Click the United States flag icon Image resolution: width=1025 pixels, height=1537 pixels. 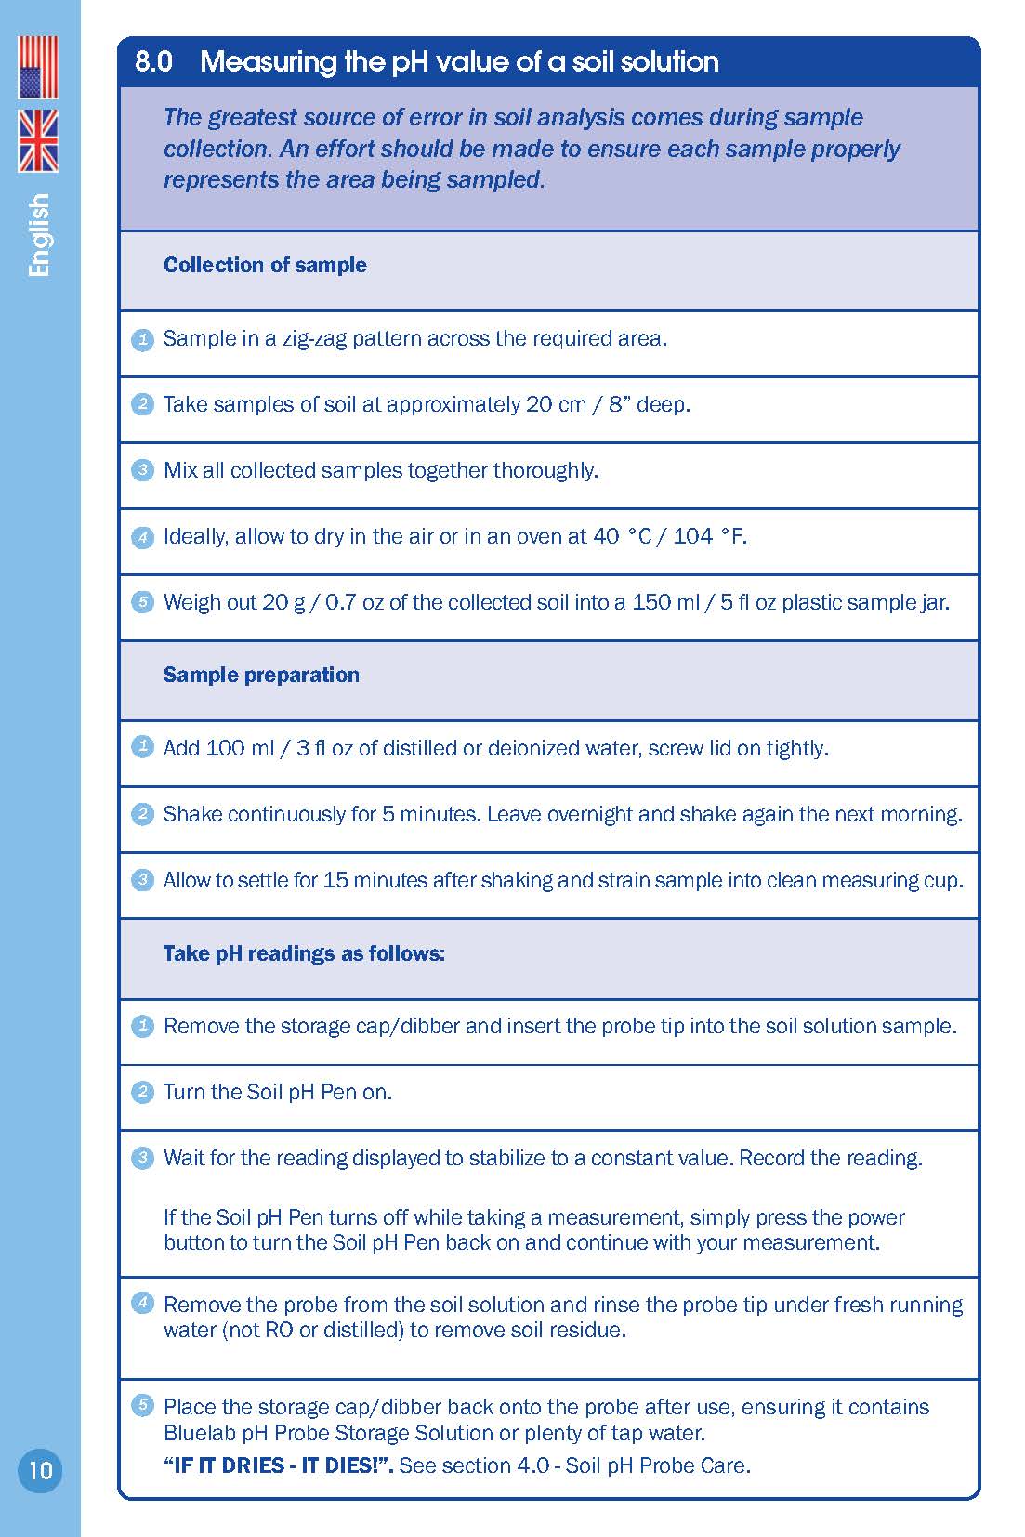coord(38,67)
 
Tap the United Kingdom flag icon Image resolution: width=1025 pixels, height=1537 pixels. coord(38,140)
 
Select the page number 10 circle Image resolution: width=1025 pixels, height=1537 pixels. coord(40,1470)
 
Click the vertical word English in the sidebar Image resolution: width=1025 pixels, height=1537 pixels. coord(39,235)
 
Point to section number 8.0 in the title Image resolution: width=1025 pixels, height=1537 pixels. coord(153,62)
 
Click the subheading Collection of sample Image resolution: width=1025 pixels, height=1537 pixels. coord(265,265)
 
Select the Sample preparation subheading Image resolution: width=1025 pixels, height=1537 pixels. coord(261,675)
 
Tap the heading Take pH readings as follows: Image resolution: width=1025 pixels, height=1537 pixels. coord(304,953)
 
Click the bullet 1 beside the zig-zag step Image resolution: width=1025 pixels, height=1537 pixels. coord(142,339)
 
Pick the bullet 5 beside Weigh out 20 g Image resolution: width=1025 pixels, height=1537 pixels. coord(142,602)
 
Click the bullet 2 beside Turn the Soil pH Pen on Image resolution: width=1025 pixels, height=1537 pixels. coord(142,1092)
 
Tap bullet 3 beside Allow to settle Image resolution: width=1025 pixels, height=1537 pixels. coord(142,879)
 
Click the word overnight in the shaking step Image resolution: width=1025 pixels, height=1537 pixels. coord(589,814)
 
